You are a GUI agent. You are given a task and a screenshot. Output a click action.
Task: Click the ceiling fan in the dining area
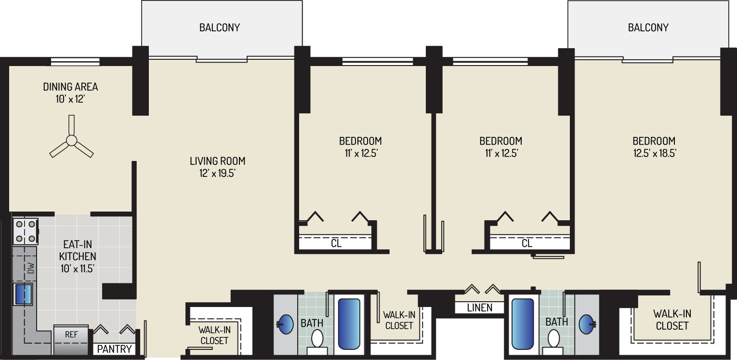click(71, 140)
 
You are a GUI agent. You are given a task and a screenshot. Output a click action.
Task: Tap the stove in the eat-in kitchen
click(26, 231)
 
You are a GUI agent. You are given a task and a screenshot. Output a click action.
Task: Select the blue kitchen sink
click(23, 294)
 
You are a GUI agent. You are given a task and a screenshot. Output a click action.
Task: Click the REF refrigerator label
click(71, 333)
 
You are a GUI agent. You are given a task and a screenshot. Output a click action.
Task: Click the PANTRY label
click(115, 349)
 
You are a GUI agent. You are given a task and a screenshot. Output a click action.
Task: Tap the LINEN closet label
click(479, 307)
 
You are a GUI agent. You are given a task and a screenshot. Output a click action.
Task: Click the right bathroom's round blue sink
click(587, 323)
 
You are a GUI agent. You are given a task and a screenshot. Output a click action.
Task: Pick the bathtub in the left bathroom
click(349, 323)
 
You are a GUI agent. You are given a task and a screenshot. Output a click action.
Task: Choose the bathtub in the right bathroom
click(523, 323)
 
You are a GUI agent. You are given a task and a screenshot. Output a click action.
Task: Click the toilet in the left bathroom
click(317, 339)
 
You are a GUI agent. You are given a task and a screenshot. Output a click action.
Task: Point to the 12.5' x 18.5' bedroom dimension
click(654, 154)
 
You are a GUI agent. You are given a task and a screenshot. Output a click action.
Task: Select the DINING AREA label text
click(70, 87)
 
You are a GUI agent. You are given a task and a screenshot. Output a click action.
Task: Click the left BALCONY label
click(219, 27)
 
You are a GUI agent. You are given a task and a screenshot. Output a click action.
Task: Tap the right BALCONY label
click(648, 27)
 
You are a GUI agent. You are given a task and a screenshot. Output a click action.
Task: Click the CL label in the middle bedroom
click(527, 243)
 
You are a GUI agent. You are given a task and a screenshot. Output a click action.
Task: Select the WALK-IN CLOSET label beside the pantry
click(213, 335)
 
